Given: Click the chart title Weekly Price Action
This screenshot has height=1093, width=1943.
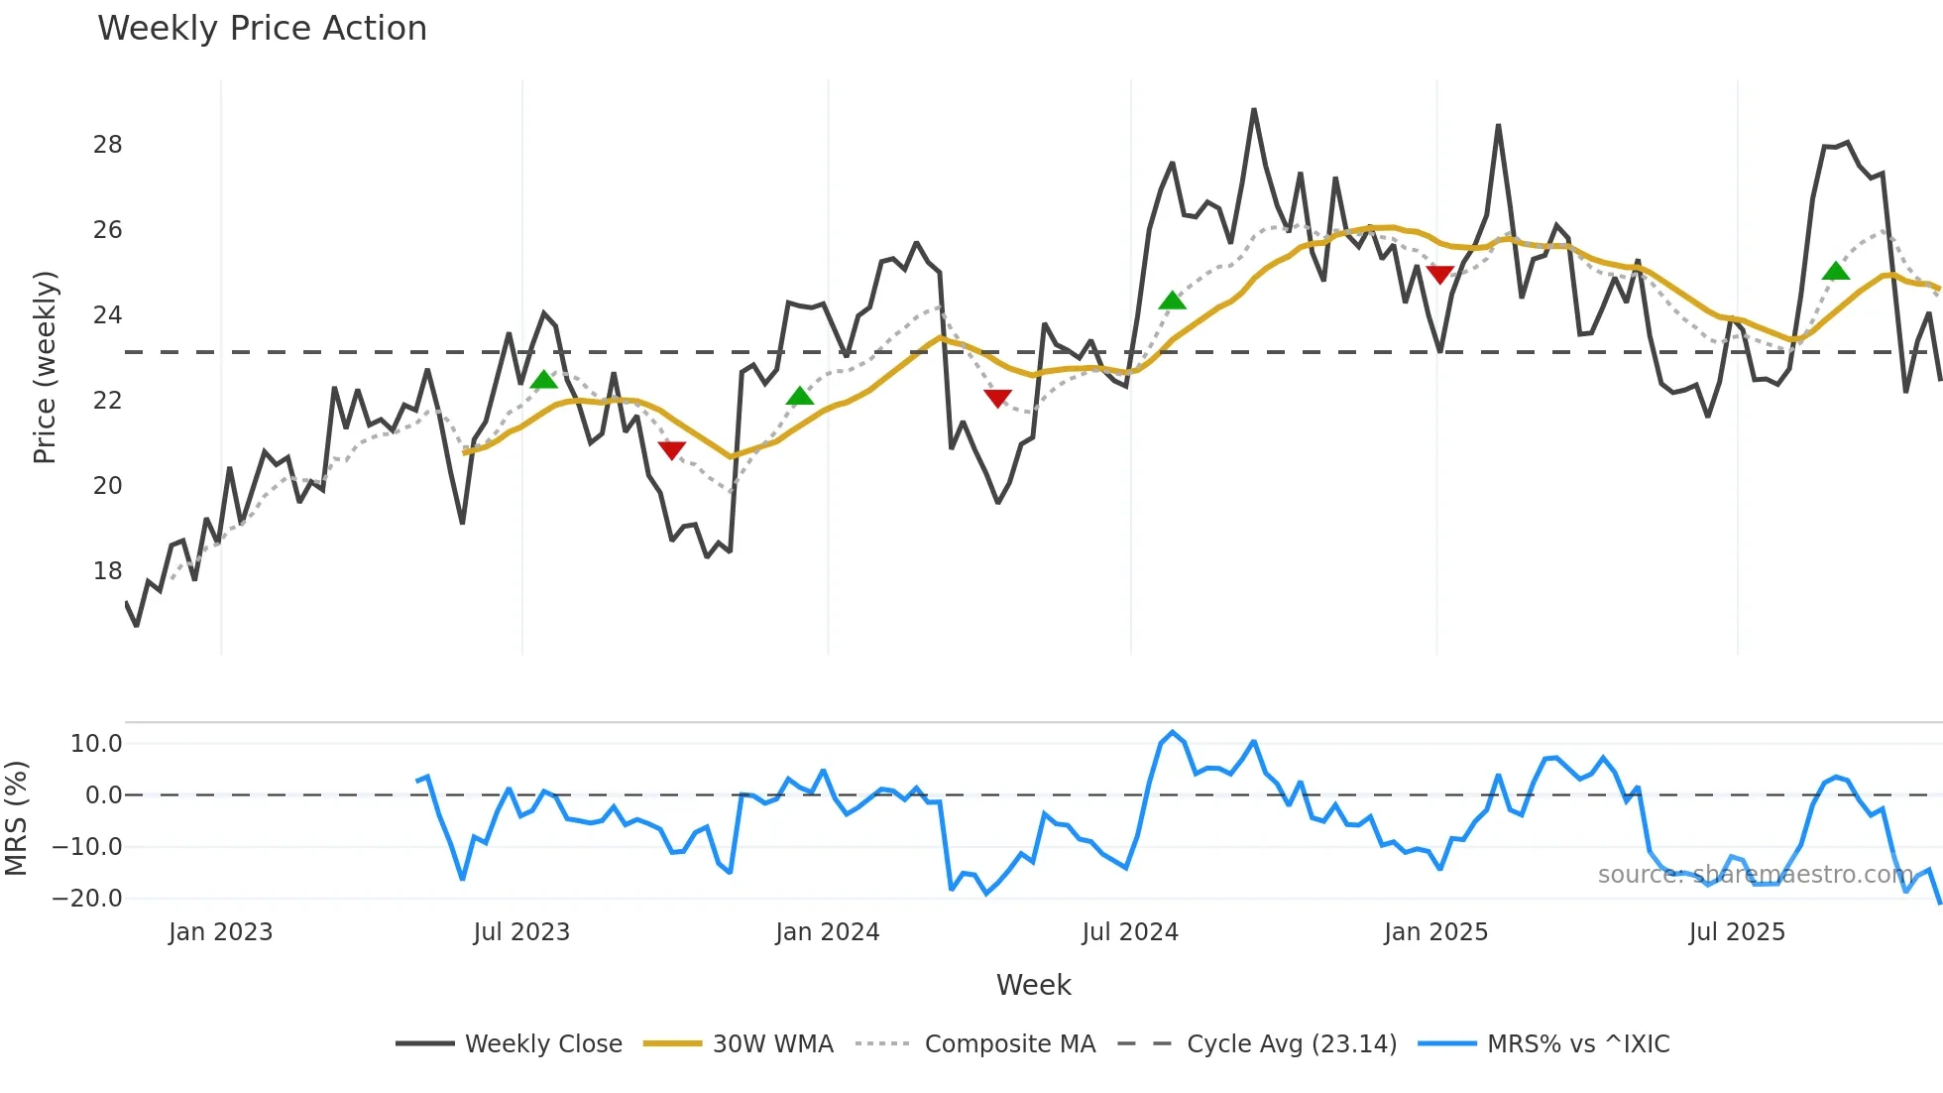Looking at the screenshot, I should point(262,29).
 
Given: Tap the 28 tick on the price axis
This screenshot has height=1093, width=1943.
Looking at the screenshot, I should point(107,145).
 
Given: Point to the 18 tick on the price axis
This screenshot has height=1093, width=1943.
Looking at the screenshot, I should point(107,571).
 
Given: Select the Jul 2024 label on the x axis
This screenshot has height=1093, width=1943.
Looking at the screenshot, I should point(1129,932).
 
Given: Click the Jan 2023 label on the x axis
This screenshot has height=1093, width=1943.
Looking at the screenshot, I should point(220,932).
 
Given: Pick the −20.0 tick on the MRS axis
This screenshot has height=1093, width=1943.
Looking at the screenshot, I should point(87,899).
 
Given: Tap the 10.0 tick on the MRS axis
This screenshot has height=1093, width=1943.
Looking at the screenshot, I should point(95,744).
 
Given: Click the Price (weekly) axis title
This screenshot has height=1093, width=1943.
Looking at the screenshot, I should point(45,367).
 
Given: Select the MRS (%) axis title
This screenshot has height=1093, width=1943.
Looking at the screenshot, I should point(16,818).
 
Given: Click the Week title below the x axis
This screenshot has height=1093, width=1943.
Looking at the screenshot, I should point(1033,985).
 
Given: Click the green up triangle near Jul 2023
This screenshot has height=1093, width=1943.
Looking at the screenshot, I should point(543,380).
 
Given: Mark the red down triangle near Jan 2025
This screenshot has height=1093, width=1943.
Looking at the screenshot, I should point(1439,275).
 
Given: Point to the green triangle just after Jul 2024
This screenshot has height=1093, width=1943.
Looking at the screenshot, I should point(1172,301).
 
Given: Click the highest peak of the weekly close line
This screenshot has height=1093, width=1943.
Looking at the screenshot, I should point(1254,110).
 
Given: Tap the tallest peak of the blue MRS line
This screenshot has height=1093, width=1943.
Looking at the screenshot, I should point(1173,733).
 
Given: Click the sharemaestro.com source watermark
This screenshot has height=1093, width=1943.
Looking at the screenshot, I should point(1755,875).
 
